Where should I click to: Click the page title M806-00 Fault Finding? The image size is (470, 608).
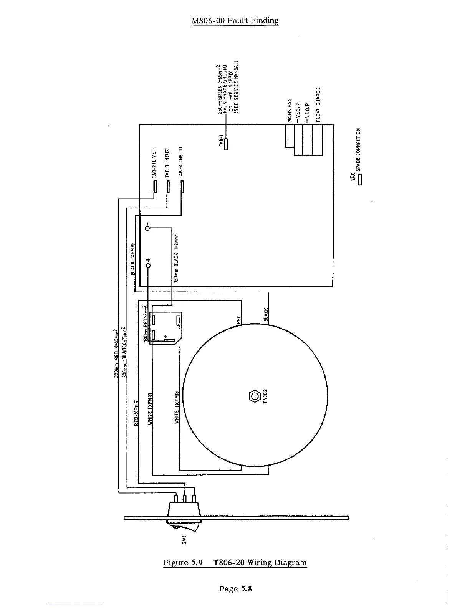coord(235,21)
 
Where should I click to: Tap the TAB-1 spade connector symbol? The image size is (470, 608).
coord(226,144)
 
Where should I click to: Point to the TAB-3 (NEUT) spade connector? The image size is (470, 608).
coord(168,186)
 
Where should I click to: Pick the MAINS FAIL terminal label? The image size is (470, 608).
coord(290,110)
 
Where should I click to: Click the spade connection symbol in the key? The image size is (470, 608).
coord(360,179)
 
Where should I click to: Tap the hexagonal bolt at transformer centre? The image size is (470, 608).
coord(255,396)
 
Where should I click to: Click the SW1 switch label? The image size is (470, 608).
coord(184,539)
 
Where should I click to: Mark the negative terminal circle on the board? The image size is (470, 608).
coord(147,228)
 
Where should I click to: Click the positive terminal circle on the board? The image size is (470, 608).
coord(148,265)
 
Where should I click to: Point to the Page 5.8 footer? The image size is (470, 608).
coord(235,588)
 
